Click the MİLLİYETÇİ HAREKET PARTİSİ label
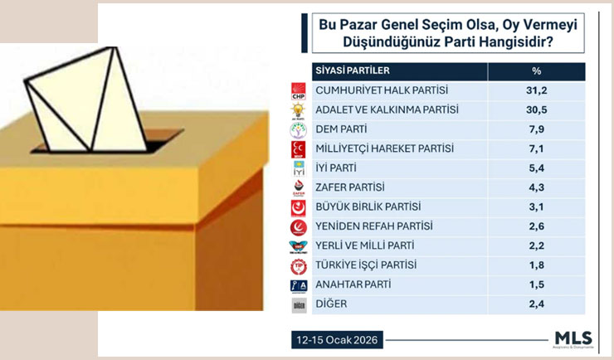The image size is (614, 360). coord(385,148)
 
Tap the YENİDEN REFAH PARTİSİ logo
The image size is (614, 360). coord(298,226)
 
